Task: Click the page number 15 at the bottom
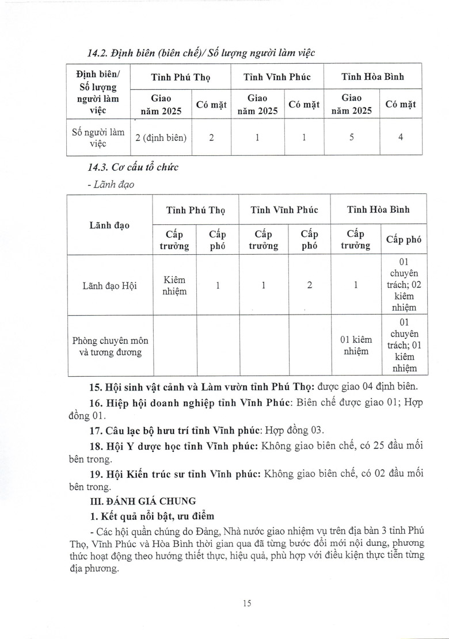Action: point(248,603)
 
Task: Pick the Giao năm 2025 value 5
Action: point(351,138)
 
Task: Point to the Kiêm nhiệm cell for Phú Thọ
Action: point(174,285)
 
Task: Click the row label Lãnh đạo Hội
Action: point(109,285)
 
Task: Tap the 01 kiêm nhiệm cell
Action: point(355,344)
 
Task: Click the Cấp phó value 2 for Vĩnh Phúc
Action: point(309,285)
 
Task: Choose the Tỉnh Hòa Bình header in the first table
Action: point(372,76)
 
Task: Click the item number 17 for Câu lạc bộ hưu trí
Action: point(94,430)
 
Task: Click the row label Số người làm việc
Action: point(98,138)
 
